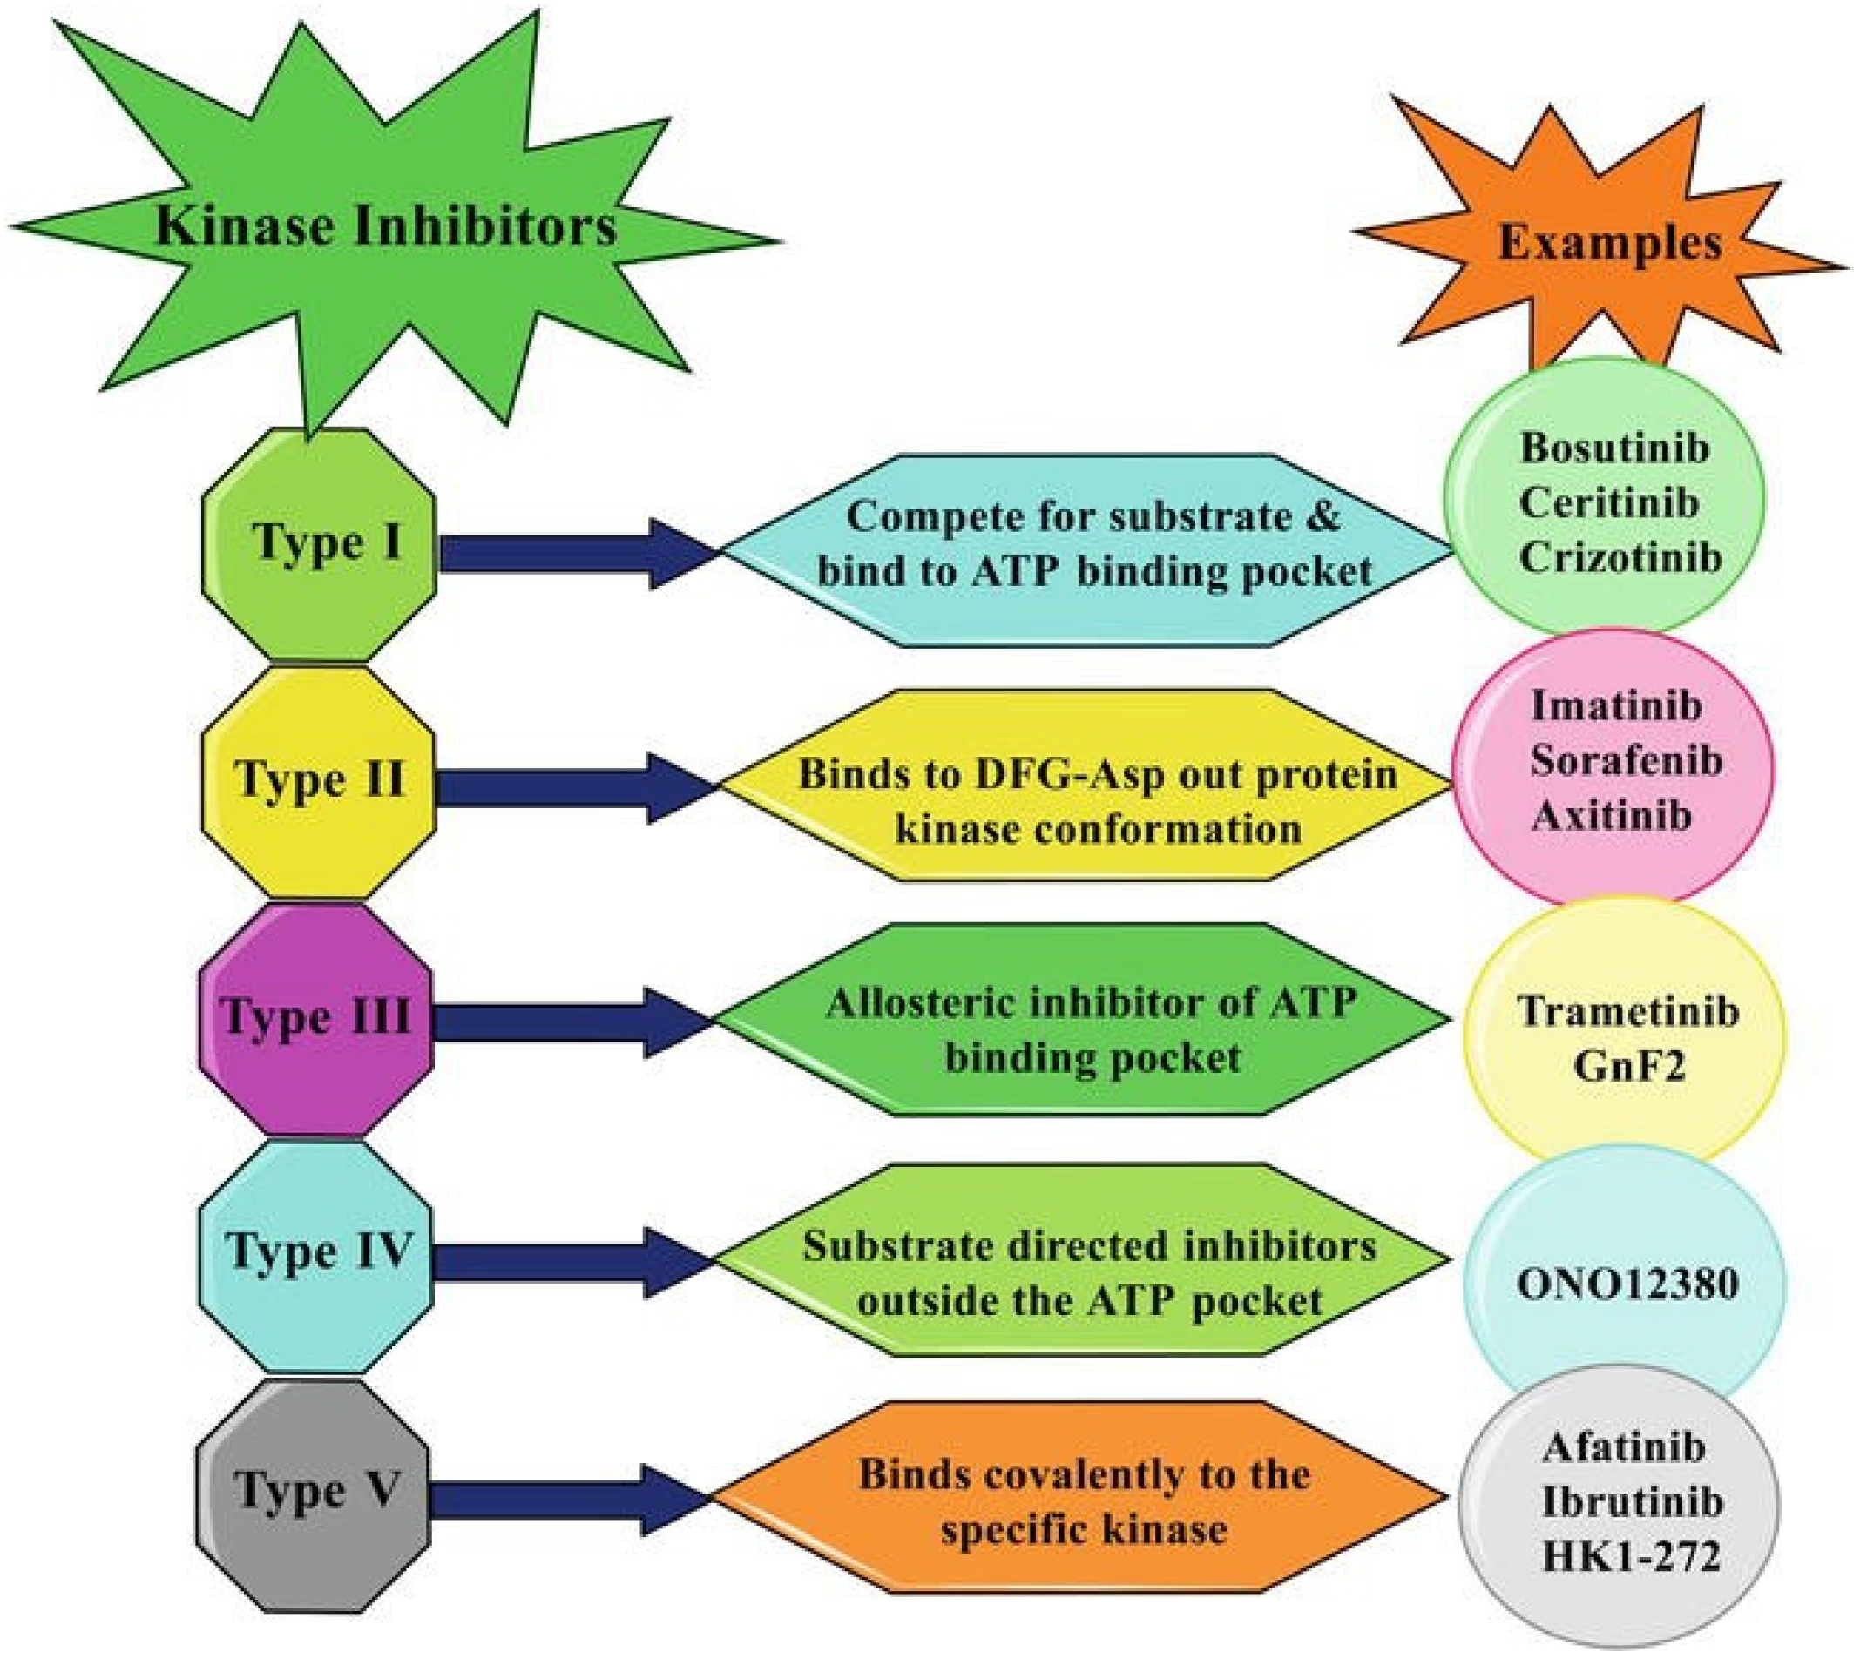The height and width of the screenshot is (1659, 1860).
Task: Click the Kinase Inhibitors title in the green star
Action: (385, 226)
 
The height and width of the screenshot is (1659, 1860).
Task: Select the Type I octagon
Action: (319, 544)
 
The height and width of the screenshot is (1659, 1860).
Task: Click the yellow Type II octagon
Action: (318, 781)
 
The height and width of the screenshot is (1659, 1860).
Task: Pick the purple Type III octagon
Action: (315, 1018)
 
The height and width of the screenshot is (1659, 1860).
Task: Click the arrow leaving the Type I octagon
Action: (574, 553)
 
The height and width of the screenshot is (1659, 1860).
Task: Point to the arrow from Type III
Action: (570, 1022)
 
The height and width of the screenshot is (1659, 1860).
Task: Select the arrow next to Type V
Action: (565, 1500)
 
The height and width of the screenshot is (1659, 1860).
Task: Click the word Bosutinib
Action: (1614, 448)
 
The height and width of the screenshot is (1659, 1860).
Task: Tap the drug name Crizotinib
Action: (1620, 558)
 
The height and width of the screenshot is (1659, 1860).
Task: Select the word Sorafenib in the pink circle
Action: (1626, 761)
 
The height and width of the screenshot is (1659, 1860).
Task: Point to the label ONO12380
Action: (1627, 1285)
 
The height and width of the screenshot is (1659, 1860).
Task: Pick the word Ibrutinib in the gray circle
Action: (1632, 1503)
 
